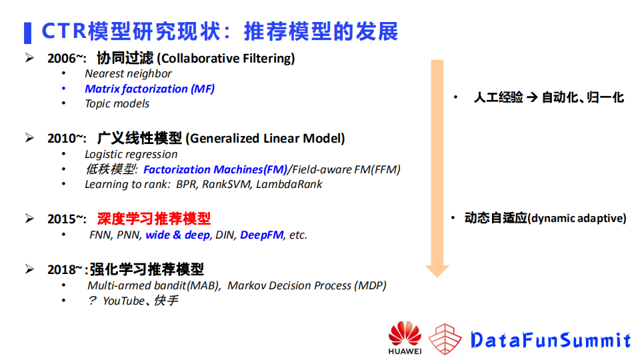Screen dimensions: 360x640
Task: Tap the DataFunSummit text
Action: pos(550,340)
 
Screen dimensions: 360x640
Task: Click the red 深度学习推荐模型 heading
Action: pos(154,218)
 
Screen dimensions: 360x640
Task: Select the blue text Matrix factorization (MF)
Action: pos(149,89)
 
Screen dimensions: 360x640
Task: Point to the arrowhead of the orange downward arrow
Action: pos(437,269)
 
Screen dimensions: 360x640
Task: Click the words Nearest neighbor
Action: pos(128,74)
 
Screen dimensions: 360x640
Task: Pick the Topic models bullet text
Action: pos(117,103)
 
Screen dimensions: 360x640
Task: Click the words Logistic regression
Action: pos(131,154)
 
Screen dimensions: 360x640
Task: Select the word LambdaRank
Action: pos(291,184)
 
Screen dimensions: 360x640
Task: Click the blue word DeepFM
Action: pos(261,235)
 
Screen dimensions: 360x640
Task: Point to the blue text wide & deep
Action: pos(177,235)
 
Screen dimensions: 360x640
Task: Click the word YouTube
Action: pos(123,301)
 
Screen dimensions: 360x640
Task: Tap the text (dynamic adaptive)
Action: pos(577,218)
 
